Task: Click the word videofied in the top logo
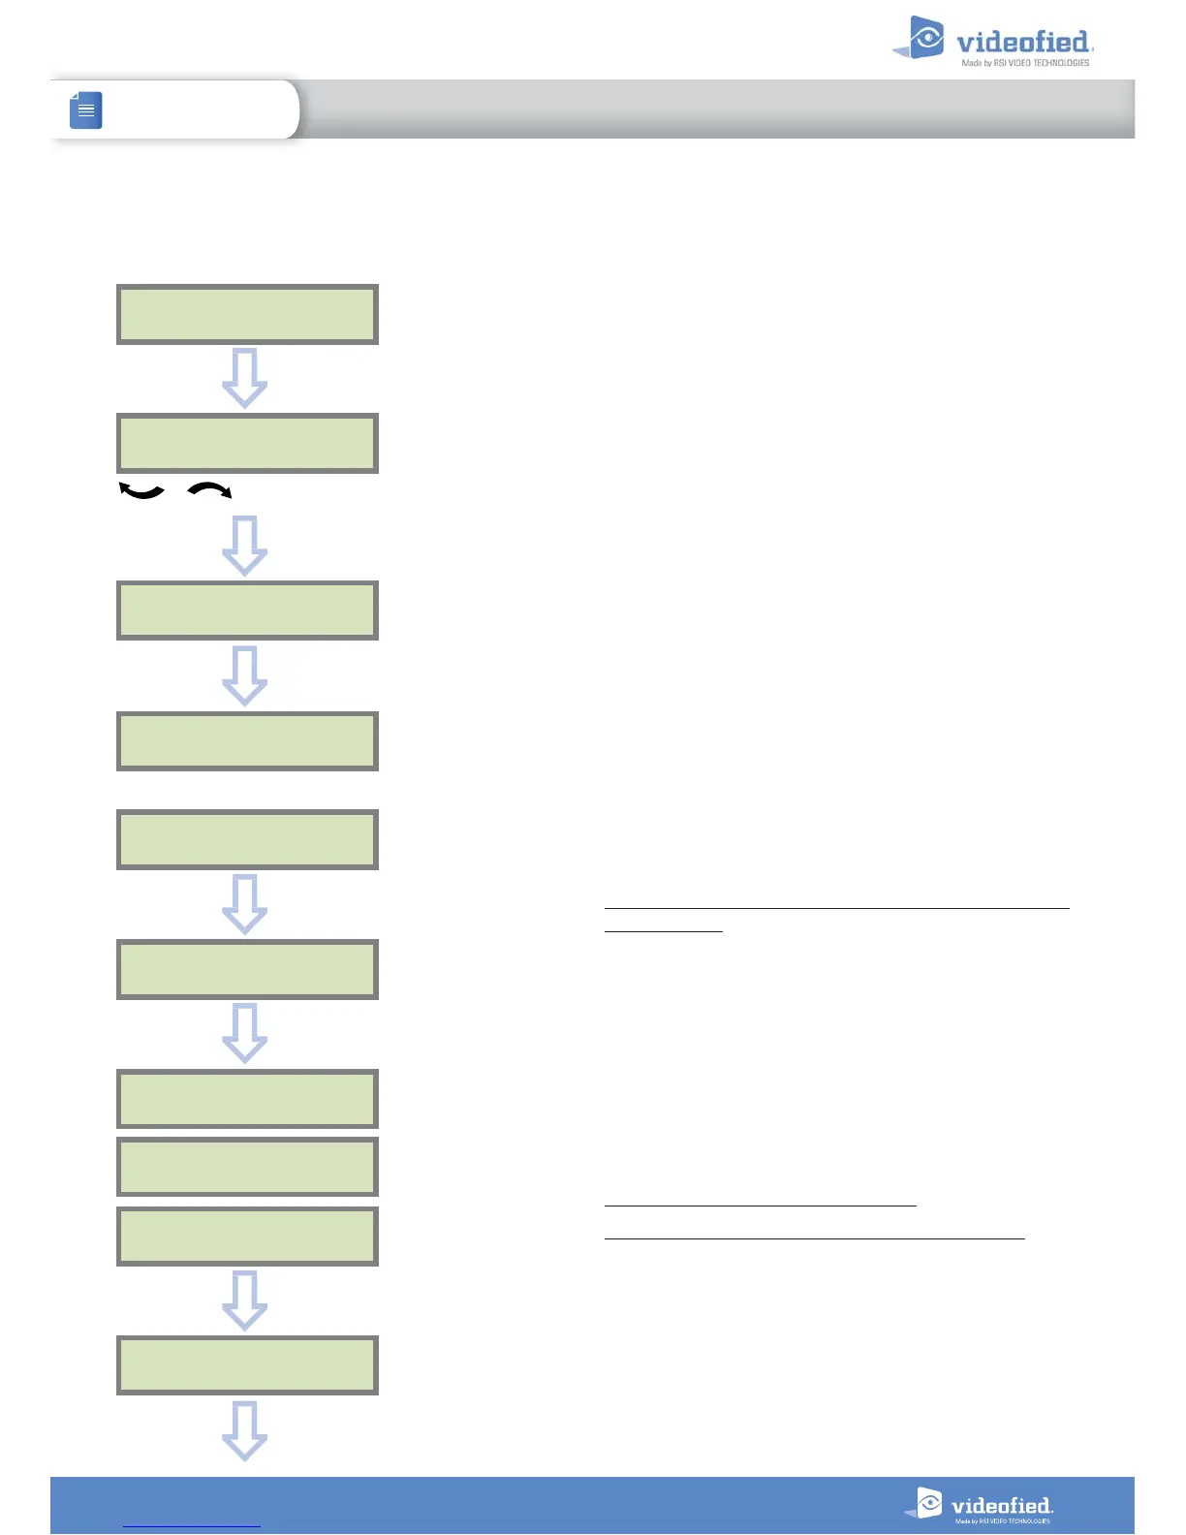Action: pyautogui.click(x=1022, y=42)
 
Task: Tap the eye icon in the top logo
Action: pyautogui.click(x=926, y=38)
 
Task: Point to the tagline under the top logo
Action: pyautogui.click(x=1025, y=63)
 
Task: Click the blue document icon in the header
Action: pyautogui.click(x=86, y=110)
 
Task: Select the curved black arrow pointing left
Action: pyautogui.click(x=141, y=491)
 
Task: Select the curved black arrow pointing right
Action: pyautogui.click(x=209, y=491)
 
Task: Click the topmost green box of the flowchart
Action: pyautogui.click(x=247, y=314)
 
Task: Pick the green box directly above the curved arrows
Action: pyautogui.click(x=247, y=443)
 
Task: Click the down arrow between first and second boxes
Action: pyautogui.click(x=245, y=378)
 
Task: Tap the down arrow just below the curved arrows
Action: pyautogui.click(x=245, y=546)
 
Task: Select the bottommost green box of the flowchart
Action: pyautogui.click(x=247, y=1364)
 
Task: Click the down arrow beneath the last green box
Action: pyautogui.click(x=245, y=1430)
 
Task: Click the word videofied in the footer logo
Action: pyautogui.click(x=1001, y=1506)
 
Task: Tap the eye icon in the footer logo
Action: pyautogui.click(x=928, y=1503)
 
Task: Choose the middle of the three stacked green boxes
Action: pyautogui.click(x=247, y=1167)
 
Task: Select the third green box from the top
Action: pyautogui.click(x=247, y=611)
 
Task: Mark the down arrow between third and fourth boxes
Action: pyautogui.click(x=245, y=675)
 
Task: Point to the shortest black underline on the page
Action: pyautogui.click(x=664, y=931)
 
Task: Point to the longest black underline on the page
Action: pyautogui.click(x=836, y=908)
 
